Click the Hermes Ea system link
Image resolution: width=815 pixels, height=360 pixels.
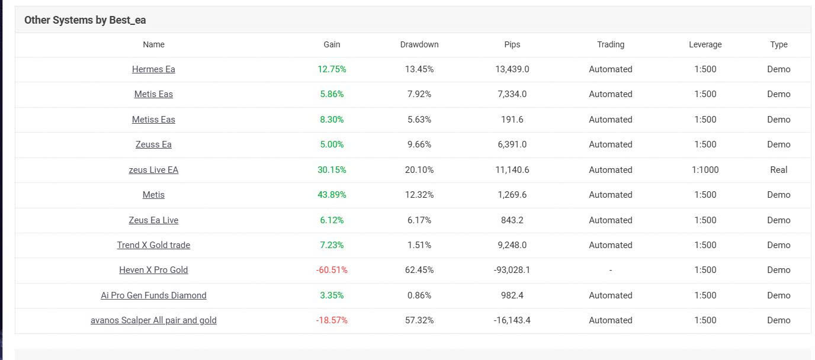153,69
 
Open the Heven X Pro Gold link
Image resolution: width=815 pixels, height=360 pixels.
153,270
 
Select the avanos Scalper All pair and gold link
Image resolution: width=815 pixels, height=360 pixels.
153,320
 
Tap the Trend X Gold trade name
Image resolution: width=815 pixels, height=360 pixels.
153,245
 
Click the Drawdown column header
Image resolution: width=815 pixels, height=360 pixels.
419,44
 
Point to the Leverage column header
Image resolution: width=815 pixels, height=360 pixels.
705,44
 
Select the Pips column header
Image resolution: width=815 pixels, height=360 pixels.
512,44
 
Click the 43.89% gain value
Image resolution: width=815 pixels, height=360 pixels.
332,195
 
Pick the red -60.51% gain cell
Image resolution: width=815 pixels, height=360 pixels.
332,270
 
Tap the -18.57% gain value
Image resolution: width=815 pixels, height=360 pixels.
332,320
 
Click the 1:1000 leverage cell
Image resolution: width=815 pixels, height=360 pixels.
705,170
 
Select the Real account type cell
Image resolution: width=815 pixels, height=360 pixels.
778,170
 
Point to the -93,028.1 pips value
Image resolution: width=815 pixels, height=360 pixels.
512,270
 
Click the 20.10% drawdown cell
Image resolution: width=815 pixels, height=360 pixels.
419,170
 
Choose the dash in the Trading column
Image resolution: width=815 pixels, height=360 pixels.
610,270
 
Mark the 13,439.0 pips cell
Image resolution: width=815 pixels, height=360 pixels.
512,69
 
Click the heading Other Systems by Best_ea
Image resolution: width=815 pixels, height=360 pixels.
85,20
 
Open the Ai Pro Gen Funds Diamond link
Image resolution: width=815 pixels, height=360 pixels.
153,295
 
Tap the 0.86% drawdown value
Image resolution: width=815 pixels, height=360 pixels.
419,295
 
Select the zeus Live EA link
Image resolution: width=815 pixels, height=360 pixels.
153,170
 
